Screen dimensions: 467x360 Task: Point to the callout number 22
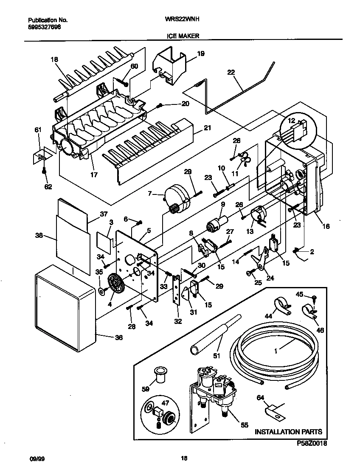coord(231,72)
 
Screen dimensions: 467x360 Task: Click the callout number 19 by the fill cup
coord(200,53)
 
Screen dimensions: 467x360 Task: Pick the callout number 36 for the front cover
coord(119,338)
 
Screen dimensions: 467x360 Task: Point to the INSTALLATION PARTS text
coord(288,432)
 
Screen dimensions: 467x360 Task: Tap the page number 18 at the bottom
coord(184,458)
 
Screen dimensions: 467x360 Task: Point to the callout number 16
coord(326,226)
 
